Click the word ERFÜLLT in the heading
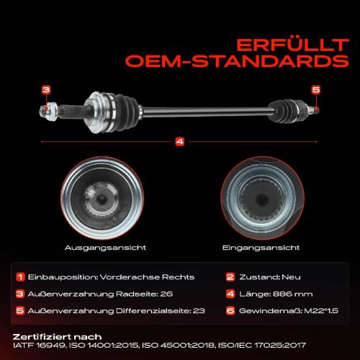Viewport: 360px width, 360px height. click(x=292, y=45)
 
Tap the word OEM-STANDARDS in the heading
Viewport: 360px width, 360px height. click(x=237, y=61)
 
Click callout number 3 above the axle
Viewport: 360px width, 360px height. click(x=46, y=90)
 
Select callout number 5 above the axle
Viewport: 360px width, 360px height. click(x=316, y=89)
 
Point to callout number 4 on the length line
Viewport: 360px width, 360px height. click(x=180, y=142)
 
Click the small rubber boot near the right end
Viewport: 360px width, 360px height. click(x=283, y=111)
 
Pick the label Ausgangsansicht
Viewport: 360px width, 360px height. click(x=105, y=248)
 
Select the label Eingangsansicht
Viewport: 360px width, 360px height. click(x=261, y=248)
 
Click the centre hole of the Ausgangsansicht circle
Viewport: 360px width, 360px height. click(x=102, y=199)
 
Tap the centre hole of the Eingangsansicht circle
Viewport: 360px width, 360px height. click(x=262, y=199)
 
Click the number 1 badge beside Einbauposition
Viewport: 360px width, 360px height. click(x=20, y=277)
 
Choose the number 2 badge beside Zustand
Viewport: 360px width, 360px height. click(x=230, y=277)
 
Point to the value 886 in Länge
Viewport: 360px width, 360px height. click(x=282, y=294)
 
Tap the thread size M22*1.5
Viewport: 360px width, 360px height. click(x=321, y=311)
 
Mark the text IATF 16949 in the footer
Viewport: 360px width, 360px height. click(x=39, y=346)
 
